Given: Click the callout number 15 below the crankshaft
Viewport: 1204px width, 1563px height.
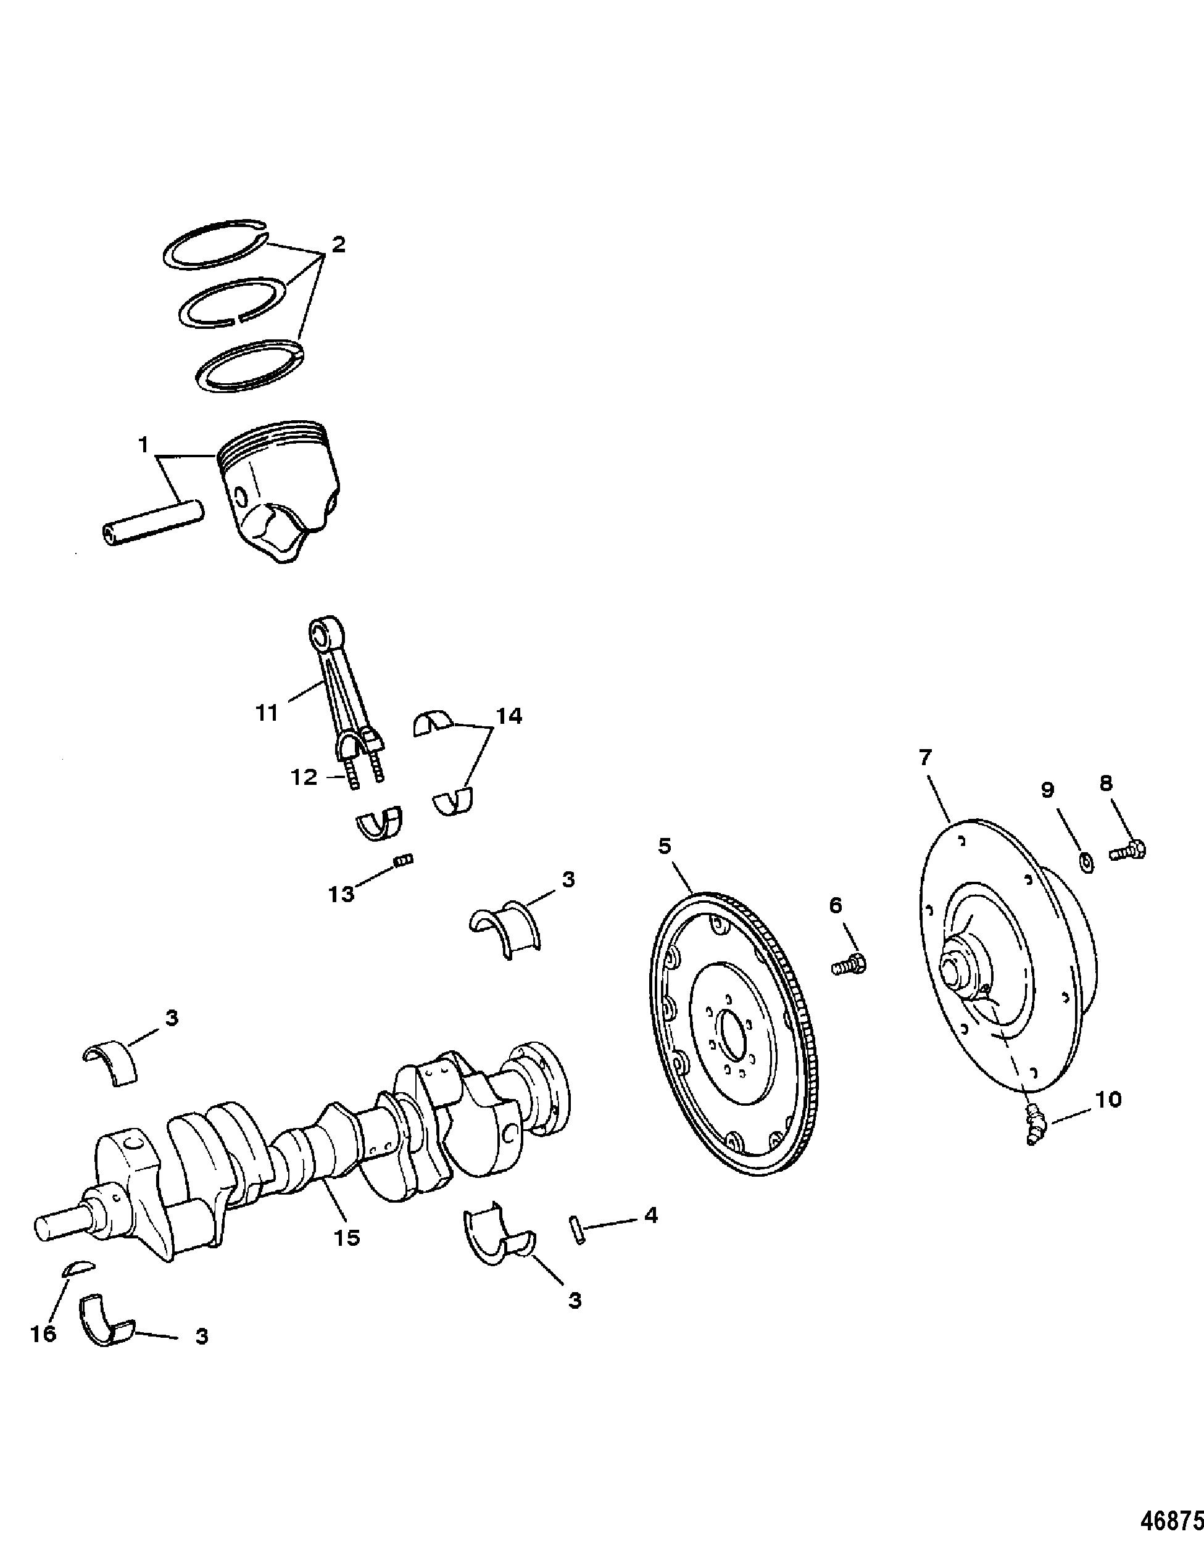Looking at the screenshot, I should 347,1237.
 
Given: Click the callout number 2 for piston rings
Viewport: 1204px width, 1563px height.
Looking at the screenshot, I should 337,245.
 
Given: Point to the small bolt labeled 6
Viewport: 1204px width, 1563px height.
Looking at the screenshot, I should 850,964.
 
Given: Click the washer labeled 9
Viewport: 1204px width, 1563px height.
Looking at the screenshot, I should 1085,864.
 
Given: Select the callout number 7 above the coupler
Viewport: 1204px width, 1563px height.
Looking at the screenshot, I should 926,757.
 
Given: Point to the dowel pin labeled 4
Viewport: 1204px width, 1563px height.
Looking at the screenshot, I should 579,1229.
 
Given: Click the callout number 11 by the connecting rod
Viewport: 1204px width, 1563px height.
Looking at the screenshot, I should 267,712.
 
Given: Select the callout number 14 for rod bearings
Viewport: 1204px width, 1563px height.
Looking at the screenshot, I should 510,716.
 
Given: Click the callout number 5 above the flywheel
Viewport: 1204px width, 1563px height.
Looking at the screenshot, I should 665,847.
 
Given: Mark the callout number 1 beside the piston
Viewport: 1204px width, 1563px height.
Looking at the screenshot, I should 143,445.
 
